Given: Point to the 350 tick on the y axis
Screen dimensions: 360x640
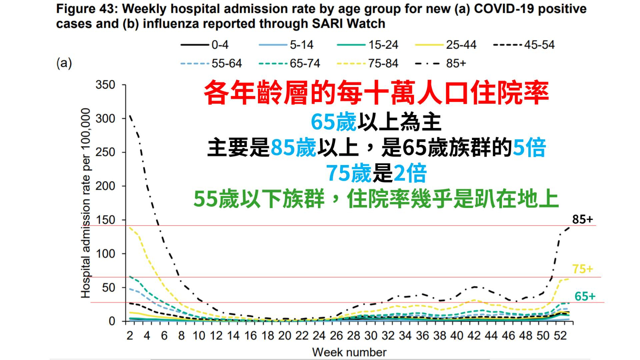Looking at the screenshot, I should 105,85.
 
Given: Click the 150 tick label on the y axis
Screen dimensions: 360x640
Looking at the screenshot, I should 105,220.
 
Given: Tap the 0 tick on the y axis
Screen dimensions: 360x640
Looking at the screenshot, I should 112,321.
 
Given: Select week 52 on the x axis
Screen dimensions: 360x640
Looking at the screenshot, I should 560,335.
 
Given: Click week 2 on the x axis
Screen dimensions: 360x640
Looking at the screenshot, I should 130,335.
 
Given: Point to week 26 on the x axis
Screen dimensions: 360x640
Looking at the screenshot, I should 336,335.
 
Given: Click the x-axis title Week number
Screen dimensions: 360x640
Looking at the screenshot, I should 349,352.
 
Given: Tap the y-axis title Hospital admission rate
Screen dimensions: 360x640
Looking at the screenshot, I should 85,203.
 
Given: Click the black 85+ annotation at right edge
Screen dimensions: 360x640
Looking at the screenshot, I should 582,219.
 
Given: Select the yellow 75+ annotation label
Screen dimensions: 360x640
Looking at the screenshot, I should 582,269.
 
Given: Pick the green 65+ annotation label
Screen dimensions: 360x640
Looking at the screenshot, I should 585,296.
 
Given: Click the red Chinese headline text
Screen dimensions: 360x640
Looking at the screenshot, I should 376,92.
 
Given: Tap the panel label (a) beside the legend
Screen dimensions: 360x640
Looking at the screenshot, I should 64,63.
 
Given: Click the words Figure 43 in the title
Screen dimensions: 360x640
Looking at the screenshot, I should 86,9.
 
